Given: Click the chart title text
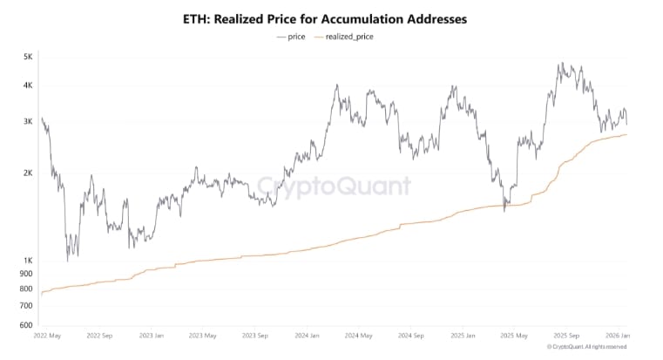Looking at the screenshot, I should pyautogui.click(x=331, y=17).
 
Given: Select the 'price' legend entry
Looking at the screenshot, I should pyautogui.click(x=294, y=37).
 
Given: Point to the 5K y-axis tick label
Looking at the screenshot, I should pyautogui.click(x=27, y=58).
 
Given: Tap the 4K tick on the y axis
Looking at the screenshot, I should pyautogui.click(x=27, y=85).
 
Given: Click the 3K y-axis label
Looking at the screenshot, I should pyautogui.click(x=27, y=122).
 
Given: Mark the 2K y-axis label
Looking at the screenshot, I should pyautogui.click(x=27, y=173).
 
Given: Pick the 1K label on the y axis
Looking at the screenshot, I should pyautogui.click(x=27, y=261).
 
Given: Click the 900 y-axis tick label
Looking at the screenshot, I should pyautogui.click(x=26, y=274).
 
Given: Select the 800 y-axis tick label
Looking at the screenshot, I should pyautogui.click(x=26, y=289).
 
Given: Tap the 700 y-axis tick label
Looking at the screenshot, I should pyautogui.click(x=26, y=306).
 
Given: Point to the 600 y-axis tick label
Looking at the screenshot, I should pyautogui.click(x=26, y=325).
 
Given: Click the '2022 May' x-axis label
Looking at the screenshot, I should pyautogui.click(x=48, y=336).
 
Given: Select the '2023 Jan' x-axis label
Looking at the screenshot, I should pyautogui.click(x=152, y=336).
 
